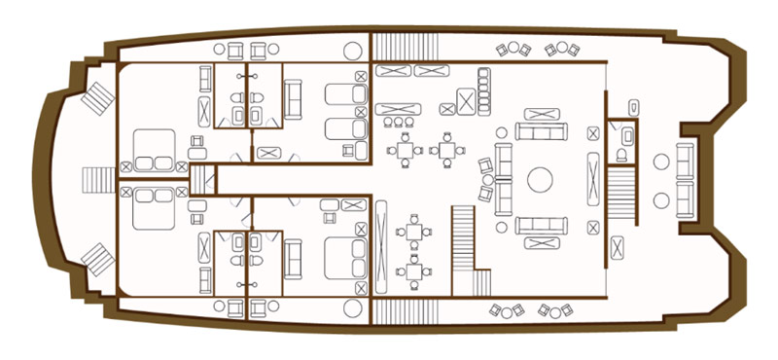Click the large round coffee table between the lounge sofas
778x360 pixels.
click(x=540, y=179)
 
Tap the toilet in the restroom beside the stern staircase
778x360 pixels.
click(x=622, y=155)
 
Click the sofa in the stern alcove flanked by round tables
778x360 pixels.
click(x=685, y=179)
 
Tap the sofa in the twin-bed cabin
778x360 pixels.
click(x=293, y=96)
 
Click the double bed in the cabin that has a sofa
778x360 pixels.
click(x=341, y=257)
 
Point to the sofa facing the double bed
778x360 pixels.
click(x=293, y=257)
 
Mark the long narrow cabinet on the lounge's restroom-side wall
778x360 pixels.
click(x=592, y=179)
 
